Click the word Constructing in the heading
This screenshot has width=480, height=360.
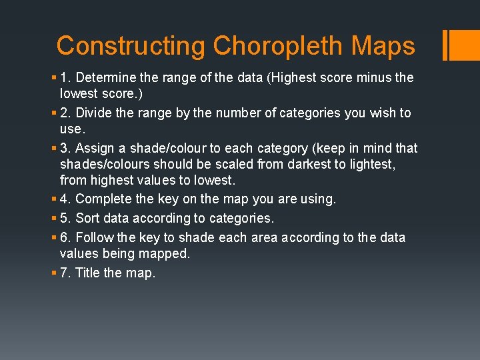pos(131,46)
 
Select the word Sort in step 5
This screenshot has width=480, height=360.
pos(87,219)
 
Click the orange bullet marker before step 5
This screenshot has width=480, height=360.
pos(53,219)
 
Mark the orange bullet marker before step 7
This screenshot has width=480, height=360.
pos(53,273)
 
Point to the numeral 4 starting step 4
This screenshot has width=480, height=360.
pos(64,199)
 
